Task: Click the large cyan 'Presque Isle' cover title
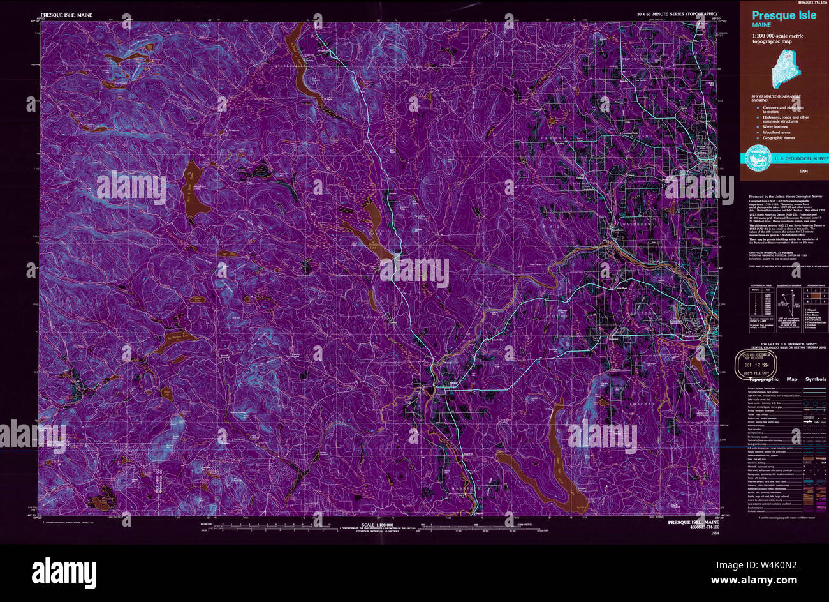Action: coord(784,16)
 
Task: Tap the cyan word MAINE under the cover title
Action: coord(761,25)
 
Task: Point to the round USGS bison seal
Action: coord(754,158)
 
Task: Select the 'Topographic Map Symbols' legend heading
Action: coord(787,379)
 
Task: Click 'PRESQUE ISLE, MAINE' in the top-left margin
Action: coord(66,13)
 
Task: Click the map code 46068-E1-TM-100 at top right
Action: coord(806,3)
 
